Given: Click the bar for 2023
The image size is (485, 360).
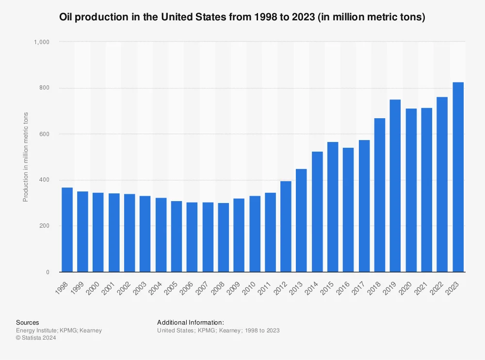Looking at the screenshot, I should (458, 177).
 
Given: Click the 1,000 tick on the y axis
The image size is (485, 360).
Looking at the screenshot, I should (42, 42).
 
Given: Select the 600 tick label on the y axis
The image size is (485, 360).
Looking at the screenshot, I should (45, 134).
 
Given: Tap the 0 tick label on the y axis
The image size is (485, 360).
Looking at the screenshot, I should (48, 272).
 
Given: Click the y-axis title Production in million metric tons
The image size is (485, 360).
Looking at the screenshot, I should (26, 157).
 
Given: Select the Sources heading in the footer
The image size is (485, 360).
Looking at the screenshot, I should (28, 322).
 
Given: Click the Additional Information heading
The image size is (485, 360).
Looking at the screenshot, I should (190, 322).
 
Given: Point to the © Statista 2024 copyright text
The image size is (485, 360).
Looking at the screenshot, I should (36, 338).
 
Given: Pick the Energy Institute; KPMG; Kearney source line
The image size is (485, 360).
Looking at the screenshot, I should (59, 330).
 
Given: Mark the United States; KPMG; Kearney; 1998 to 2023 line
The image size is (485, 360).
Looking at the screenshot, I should (218, 330).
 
